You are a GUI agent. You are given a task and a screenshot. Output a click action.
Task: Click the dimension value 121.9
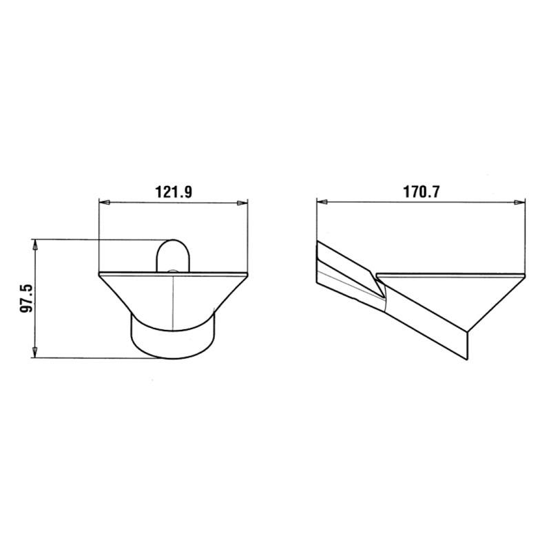174,192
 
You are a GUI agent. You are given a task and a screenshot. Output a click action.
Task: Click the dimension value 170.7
421,192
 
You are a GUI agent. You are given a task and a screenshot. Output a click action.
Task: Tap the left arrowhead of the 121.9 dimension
105,202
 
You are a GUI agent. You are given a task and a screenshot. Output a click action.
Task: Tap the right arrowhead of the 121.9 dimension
242,202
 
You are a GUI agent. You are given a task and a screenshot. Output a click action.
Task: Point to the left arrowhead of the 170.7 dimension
322,202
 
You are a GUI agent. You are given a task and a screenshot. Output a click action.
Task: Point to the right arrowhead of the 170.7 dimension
520,202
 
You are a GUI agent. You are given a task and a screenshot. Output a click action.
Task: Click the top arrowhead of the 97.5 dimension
34,245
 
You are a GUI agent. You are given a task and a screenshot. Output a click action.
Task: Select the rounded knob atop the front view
173,256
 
